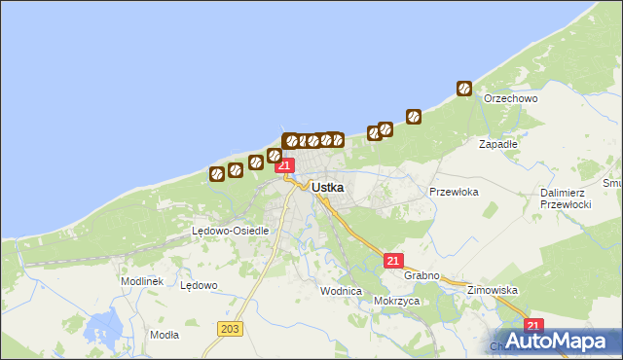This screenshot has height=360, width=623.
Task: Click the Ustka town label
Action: (x=328, y=186)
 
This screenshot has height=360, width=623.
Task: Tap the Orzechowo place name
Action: (x=511, y=98)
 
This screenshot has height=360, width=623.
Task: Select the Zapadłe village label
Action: (x=497, y=143)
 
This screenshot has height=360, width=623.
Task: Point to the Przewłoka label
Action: (x=454, y=192)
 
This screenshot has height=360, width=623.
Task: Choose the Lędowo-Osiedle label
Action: (x=222, y=231)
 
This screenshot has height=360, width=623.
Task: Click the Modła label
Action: (x=165, y=334)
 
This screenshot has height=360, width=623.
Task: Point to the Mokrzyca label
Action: (x=395, y=301)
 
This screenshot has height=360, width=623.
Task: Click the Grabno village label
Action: (x=422, y=275)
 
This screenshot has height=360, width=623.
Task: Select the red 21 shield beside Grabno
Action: (x=393, y=261)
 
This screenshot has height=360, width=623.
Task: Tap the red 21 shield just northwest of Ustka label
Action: (x=284, y=165)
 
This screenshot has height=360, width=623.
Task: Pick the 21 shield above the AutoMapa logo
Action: (x=532, y=326)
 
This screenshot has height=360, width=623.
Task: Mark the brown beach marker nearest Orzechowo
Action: (x=464, y=89)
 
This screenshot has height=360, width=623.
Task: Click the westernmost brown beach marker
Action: (x=216, y=175)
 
